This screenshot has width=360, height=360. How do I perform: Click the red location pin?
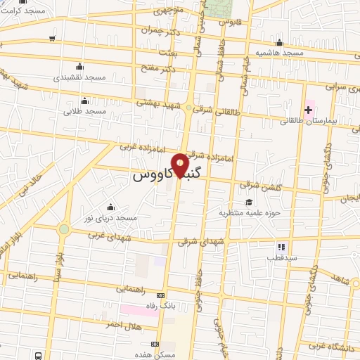[181, 166]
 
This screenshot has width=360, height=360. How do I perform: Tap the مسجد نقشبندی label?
[79, 76]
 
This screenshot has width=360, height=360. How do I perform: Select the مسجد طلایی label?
[84, 111]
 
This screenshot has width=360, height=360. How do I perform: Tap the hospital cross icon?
[308, 109]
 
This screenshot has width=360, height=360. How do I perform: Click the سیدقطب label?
[281, 257]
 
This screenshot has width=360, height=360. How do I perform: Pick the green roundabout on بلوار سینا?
[64, 229]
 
